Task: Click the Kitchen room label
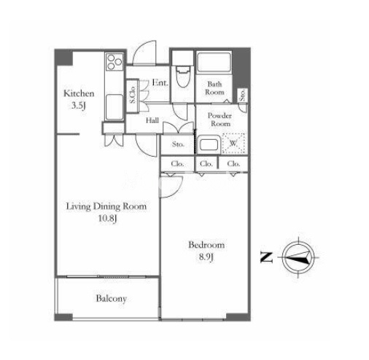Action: [79, 93]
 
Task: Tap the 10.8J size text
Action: [108, 219]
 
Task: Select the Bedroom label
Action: [206, 245]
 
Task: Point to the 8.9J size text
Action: [206, 257]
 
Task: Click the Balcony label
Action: [112, 299]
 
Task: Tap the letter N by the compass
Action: [266, 257]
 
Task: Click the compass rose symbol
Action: [299, 257]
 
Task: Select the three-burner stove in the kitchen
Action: [114, 62]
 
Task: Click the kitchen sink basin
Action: [114, 107]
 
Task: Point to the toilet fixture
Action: [182, 76]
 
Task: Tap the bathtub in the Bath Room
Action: [214, 63]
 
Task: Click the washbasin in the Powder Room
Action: [209, 145]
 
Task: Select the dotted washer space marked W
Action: [233, 144]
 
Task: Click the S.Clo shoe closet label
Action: [133, 95]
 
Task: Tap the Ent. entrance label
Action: [160, 83]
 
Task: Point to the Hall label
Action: [152, 120]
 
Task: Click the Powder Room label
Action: [220, 120]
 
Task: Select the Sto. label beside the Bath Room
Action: [243, 95]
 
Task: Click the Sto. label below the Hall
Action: [178, 144]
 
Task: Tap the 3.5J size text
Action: [79, 106]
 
